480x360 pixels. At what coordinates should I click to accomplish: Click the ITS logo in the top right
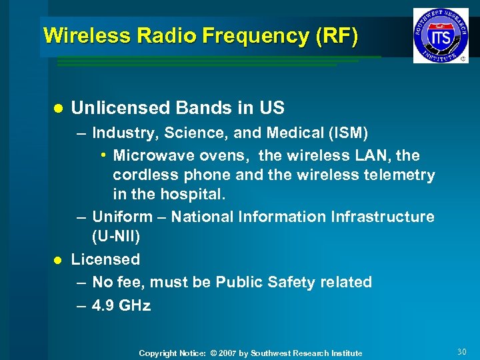[440, 35]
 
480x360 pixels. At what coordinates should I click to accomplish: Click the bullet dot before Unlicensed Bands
[57, 108]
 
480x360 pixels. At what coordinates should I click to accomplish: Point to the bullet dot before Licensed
[57, 260]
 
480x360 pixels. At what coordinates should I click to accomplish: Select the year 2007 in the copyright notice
[227, 353]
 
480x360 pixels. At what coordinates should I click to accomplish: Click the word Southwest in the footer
[273, 353]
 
